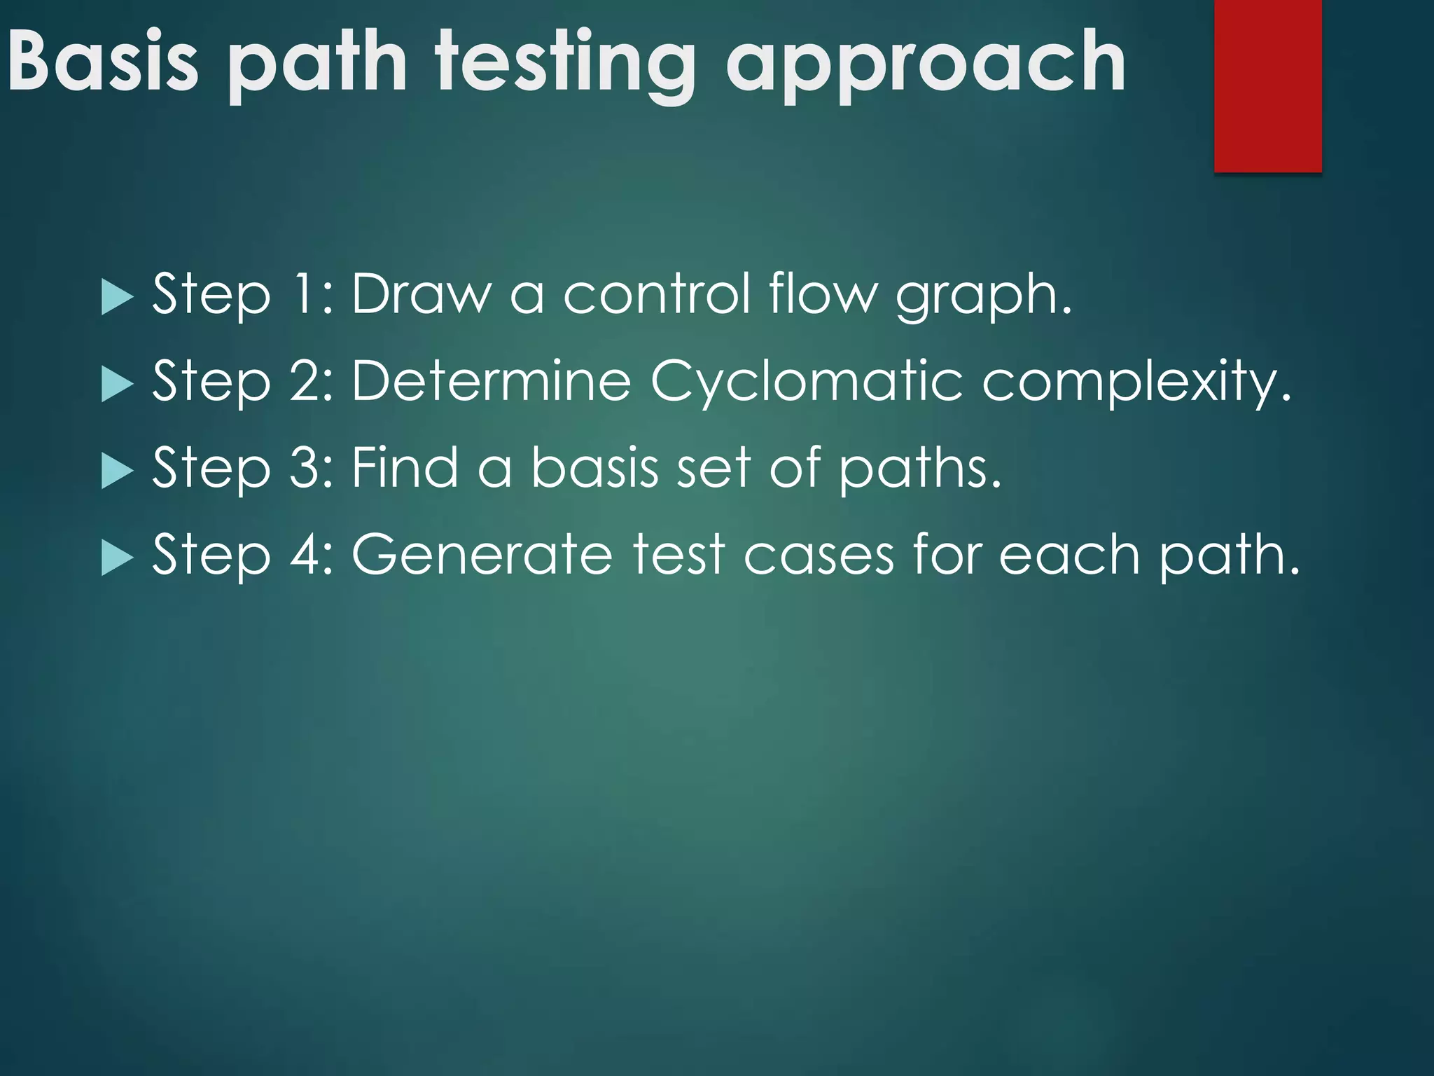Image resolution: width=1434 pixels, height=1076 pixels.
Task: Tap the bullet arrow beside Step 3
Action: pos(116,470)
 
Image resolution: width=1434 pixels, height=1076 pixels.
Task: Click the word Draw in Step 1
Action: pos(421,294)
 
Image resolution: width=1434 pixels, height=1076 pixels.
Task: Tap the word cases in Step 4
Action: pos(819,556)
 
